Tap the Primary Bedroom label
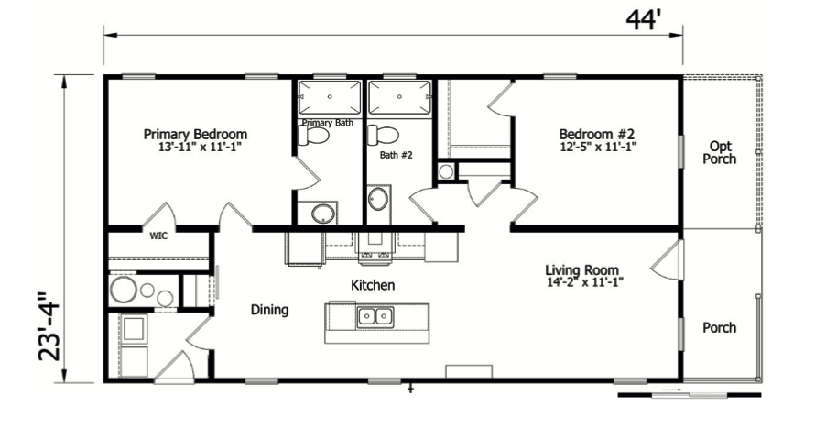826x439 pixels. [x=195, y=134]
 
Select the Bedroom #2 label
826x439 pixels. [x=597, y=134]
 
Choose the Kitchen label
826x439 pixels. [x=373, y=286]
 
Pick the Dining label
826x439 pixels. [x=269, y=310]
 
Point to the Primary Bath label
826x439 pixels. [x=327, y=123]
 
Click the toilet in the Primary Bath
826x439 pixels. [x=314, y=137]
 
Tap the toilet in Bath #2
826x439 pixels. [x=379, y=136]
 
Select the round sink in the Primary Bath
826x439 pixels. [x=322, y=214]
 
